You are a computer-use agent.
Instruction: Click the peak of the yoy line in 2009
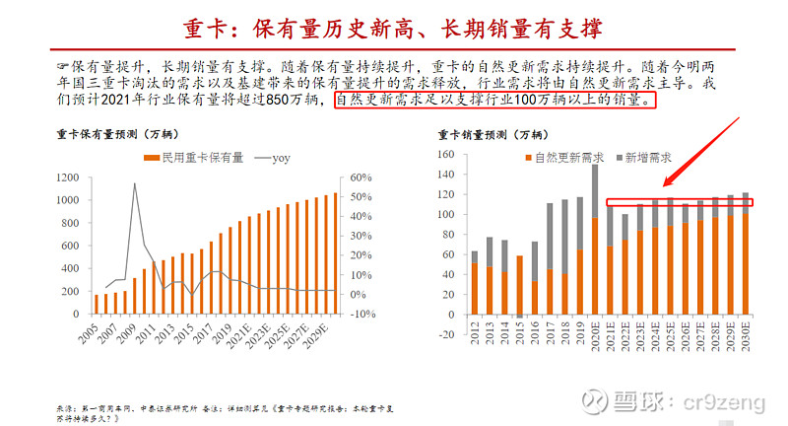point(135,183)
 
